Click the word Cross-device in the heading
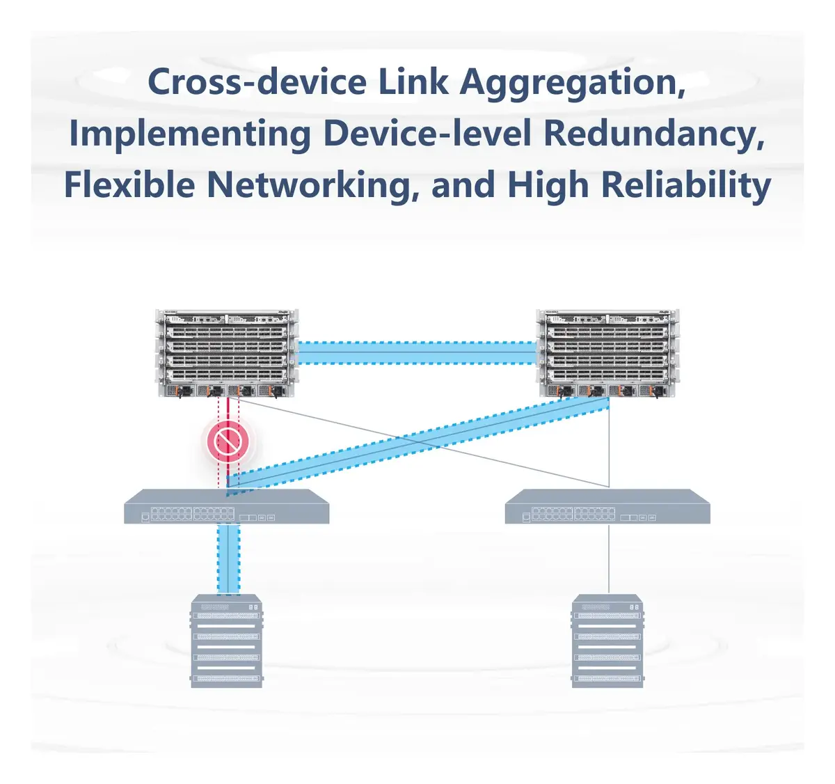click(257, 81)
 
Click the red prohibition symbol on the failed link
click(228, 442)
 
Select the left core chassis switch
click(227, 354)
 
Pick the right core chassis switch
click(607, 354)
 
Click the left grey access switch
click(227, 506)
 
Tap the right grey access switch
click(607, 506)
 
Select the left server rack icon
click(227, 641)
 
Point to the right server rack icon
click(607, 641)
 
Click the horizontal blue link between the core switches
click(417, 352)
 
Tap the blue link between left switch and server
click(228, 559)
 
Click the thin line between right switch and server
click(609, 559)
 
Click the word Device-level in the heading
click(427, 134)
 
